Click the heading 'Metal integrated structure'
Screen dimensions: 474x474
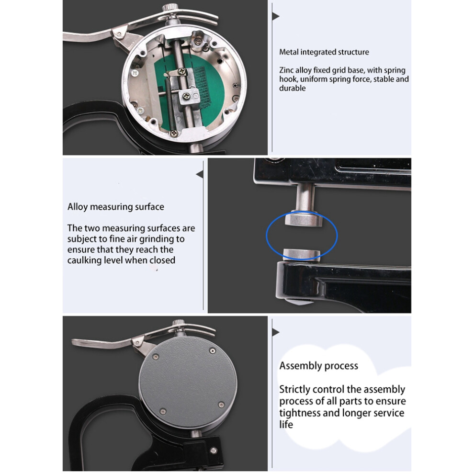[324, 52]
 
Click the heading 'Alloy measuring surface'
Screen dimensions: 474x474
[116, 207]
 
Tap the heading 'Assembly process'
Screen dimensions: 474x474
[318, 366]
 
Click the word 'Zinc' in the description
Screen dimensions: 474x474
[287, 70]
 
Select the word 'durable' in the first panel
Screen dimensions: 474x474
[293, 88]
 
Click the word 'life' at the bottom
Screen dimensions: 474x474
[286, 424]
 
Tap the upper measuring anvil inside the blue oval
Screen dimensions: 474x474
[303, 218]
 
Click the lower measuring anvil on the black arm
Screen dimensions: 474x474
[302, 253]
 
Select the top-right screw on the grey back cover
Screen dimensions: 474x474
[213, 350]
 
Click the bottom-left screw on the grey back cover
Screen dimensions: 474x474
[163, 411]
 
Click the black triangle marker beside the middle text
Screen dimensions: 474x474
[200, 174]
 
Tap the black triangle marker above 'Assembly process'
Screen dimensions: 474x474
[275, 332]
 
